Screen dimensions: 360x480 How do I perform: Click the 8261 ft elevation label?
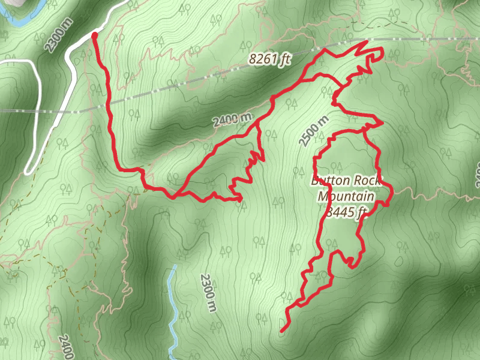(269, 59)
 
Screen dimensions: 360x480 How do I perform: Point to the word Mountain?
(346, 196)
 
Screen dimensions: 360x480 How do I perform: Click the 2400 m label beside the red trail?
(232, 119)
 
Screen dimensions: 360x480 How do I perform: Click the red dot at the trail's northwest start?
(95, 36)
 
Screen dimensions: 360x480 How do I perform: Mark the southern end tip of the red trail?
(281, 331)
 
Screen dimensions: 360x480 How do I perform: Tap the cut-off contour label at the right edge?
(477, 175)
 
